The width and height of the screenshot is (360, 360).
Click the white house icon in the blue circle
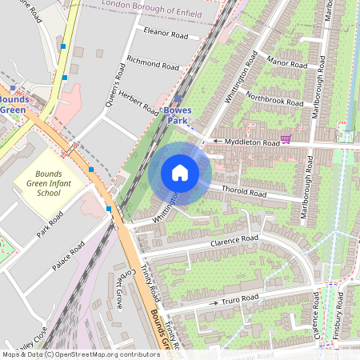(x=180, y=172)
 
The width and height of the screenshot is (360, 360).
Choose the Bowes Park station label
(x=176, y=114)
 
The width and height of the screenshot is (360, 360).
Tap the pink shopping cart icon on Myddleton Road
(x=286, y=138)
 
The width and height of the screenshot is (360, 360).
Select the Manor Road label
(x=286, y=62)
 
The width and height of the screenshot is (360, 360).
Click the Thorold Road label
(x=245, y=193)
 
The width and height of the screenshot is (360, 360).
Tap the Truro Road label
(x=239, y=299)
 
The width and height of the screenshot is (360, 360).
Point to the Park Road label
(x=49, y=226)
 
